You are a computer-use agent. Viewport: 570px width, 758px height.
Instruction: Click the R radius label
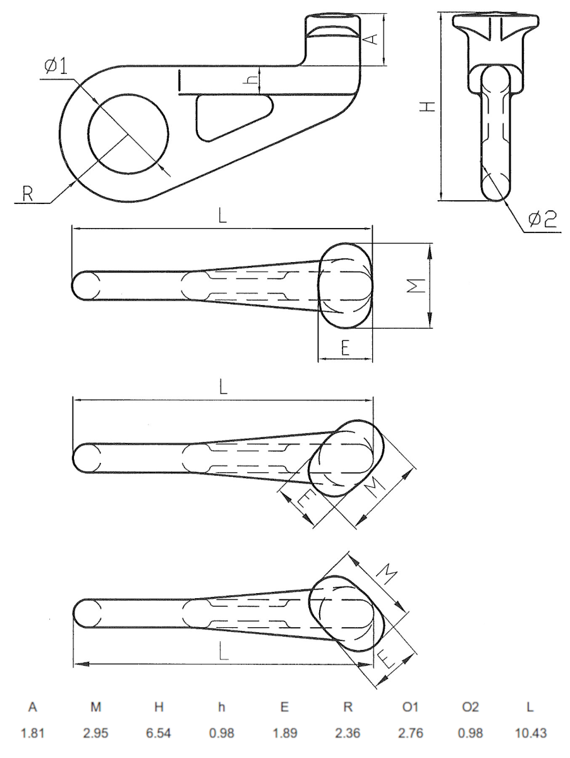(27, 194)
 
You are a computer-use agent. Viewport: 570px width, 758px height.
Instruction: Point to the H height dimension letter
(428, 107)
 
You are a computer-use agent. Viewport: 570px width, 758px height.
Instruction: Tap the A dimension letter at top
(373, 40)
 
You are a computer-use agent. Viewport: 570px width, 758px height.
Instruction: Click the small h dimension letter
(252, 81)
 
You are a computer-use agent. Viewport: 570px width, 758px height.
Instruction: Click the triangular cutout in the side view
(227, 115)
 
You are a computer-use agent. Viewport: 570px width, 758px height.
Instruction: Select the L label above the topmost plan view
(222, 216)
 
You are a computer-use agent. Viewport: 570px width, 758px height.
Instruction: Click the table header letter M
(95, 708)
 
